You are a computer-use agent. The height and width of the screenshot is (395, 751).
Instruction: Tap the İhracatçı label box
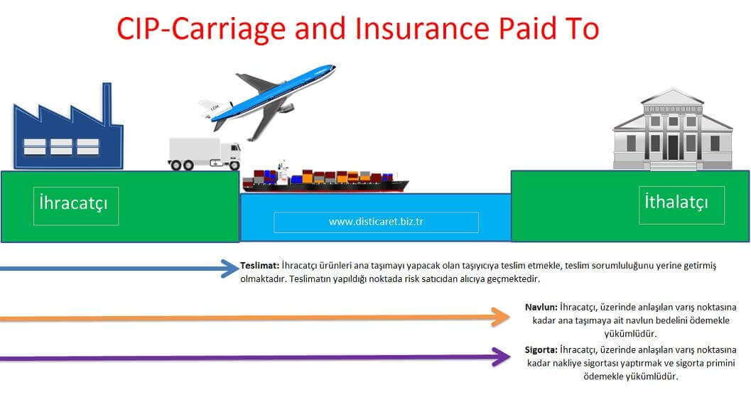click(x=75, y=206)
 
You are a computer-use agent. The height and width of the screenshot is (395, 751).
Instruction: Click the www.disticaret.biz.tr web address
click(x=376, y=222)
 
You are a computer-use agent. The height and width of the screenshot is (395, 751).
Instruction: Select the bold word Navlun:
click(x=540, y=307)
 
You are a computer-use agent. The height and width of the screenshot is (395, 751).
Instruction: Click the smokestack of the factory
click(x=107, y=103)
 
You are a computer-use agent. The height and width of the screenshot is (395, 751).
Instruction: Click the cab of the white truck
click(x=230, y=153)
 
